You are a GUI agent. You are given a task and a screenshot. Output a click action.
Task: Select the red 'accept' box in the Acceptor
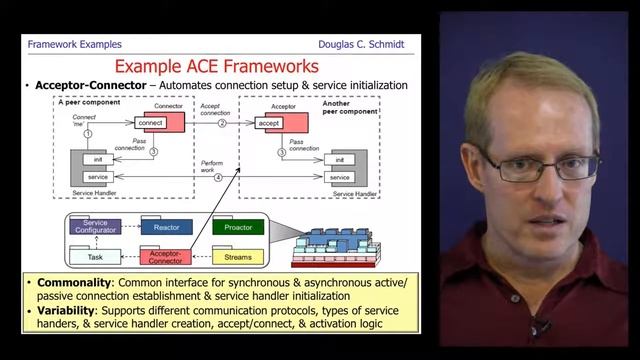click(269, 122)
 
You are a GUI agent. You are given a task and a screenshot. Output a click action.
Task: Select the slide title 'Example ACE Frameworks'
click(216, 66)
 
